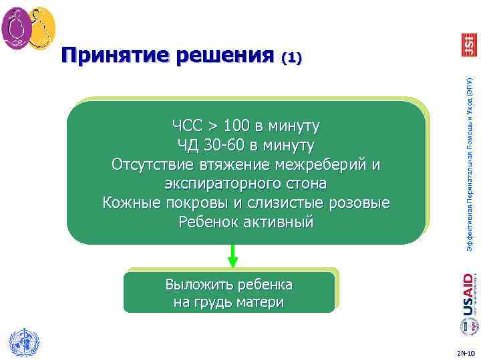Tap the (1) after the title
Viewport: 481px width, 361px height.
pos(292,58)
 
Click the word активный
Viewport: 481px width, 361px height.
pos(279,222)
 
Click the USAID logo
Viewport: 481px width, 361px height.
pos(468,295)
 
